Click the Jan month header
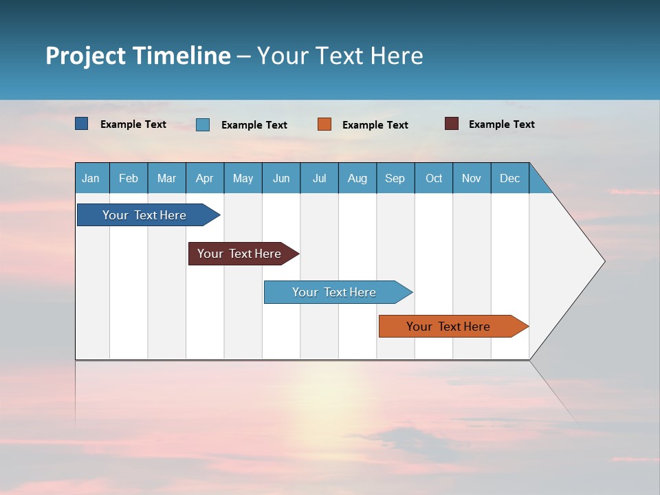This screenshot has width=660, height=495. [91, 178]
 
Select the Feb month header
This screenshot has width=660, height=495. [129, 178]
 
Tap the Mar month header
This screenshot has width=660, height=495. [166, 178]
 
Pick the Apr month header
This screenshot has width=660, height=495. [205, 178]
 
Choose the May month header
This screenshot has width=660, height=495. [243, 178]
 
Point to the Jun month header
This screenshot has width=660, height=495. [281, 178]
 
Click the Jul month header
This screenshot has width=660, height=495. [319, 178]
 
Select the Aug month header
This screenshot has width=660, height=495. [357, 178]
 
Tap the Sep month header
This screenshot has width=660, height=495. [395, 178]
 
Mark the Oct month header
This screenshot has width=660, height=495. [434, 178]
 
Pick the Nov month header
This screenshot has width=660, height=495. [472, 178]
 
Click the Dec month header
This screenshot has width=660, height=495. [510, 178]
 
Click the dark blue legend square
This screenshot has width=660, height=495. [82, 124]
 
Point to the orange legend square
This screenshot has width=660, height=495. [324, 124]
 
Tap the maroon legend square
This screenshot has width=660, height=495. [452, 124]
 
